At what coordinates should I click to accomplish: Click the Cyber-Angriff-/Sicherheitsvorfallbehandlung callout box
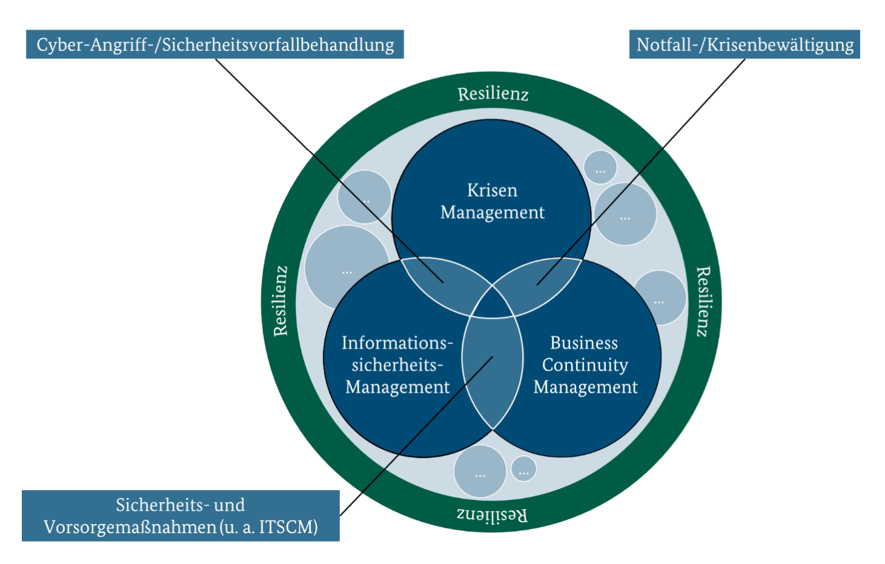click(x=214, y=44)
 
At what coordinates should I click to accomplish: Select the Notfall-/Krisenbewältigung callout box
click(x=744, y=44)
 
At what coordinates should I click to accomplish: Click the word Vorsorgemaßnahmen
click(x=130, y=527)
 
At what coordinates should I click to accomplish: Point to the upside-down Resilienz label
click(x=492, y=515)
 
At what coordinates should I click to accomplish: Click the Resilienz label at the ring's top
click(x=493, y=94)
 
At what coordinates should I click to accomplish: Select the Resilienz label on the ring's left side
click(x=280, y=301)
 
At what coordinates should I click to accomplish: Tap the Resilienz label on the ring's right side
click(x=703, y=301)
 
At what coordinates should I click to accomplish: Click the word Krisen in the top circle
click(x=492, y=190)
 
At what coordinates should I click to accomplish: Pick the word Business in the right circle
click(x=584, y=343)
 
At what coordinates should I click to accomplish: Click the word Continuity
click(x=585, y=365)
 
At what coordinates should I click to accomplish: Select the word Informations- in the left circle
click(x=397, y=343)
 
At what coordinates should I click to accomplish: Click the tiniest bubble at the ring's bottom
click(x=523, y=468)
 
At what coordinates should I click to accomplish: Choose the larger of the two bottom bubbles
click(x=480, y=471)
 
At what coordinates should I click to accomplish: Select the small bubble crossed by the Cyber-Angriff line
click(x=363, y=197)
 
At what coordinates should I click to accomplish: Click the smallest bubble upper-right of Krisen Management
click(x=600, y=167)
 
